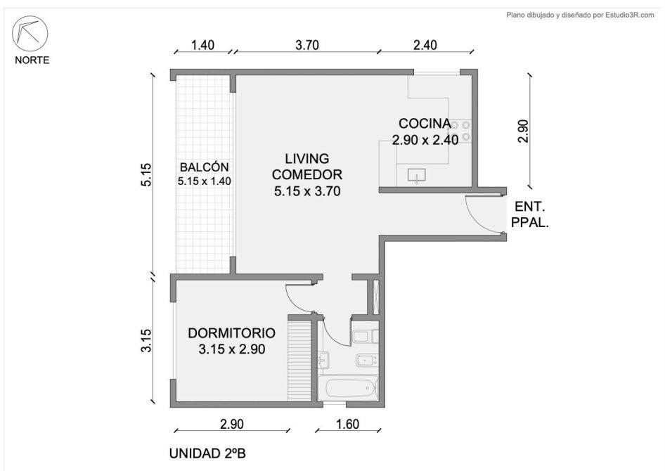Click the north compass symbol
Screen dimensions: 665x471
30,34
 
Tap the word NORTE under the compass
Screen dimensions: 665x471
32,60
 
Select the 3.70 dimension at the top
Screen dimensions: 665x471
307,45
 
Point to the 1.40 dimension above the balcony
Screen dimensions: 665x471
202,45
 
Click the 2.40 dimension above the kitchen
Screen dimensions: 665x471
425,45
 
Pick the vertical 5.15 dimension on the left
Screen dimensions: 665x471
146,174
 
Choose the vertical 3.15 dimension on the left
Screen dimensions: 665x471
146,340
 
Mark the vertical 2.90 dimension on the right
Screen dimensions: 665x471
523,131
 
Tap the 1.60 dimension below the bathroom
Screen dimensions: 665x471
347,424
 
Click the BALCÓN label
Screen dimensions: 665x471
205,167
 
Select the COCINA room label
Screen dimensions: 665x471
425,123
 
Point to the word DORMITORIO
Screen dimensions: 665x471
231,333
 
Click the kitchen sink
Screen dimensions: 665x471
416,175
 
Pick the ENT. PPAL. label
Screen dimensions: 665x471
530,214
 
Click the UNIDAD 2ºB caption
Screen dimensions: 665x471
207,453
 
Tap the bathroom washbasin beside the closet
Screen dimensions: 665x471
323,361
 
